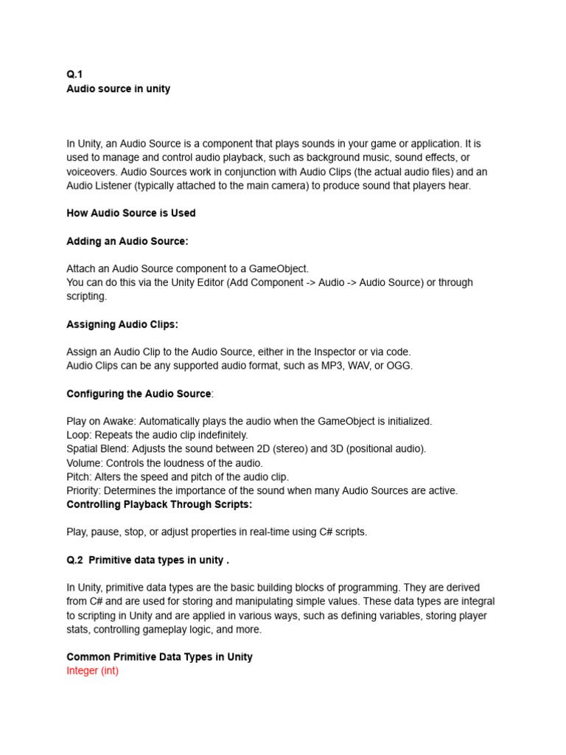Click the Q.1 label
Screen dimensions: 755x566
[x=74, y=74]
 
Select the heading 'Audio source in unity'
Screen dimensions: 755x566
[x=118, y=88]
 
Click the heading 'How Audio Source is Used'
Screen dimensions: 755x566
[x=131, y=213]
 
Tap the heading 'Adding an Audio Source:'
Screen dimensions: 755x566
[x=127, y=241]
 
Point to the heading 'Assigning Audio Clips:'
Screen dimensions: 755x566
[x=122, y=324]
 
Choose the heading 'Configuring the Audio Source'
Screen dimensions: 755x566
[x=139, y=394]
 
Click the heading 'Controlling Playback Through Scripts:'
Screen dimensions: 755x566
[x=159, y=504]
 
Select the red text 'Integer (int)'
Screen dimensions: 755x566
[x=92, y=671]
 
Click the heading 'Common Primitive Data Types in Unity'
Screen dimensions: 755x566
[x=159, y=657]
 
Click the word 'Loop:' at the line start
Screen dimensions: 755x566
[x=79, y=435]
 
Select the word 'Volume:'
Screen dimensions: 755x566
[x=85, y=463]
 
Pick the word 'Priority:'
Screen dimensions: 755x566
[x=84, y=490]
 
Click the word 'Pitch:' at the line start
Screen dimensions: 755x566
[x=80, y=477]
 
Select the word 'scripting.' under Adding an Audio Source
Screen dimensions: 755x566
[x=87, y=296]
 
